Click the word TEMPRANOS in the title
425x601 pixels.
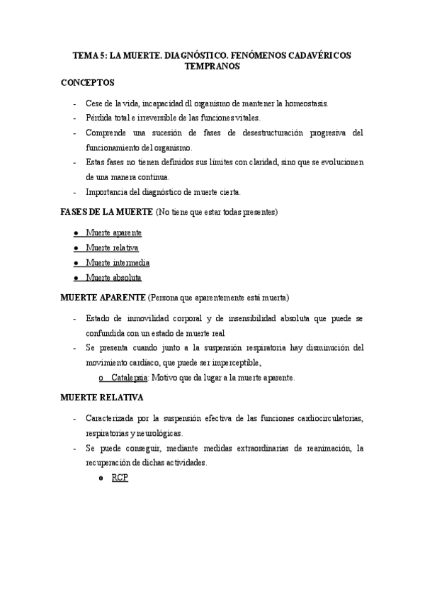coord(212,66)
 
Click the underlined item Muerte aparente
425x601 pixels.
coord(113,233)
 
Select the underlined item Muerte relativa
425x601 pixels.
coord(112,248)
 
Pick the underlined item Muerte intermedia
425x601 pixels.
coord(118,263)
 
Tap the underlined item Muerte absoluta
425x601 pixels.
coord(113,278)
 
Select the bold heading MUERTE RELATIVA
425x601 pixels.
coord(102,398)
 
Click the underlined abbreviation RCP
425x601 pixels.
coord(120,478)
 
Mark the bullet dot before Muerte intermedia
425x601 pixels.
coord(76,263)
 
